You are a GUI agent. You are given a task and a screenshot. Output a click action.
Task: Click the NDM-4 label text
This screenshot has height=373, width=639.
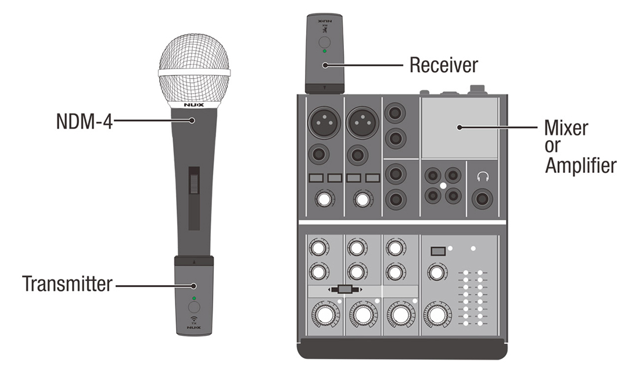[x=84, y=121]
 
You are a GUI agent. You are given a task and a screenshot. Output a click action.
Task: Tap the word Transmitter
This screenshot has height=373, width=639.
[x=67, y=283]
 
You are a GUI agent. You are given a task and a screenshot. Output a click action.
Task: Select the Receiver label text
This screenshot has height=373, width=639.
[x=443, y=65]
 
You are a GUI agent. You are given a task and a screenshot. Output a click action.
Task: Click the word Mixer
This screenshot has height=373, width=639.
[x=566, y=128]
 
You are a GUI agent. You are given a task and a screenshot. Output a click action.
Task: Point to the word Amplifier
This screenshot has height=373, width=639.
[x=581, y=165]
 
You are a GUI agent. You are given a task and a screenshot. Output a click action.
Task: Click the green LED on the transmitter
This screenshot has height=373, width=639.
[x=194, y=299]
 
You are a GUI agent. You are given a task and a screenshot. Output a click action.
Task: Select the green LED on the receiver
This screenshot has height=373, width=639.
[x=324, y=51]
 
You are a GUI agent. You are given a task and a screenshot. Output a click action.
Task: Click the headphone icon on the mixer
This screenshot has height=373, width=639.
[x=483, y=176]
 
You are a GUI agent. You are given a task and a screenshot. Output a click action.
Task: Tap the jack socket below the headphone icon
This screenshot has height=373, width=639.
[x=483, y=199]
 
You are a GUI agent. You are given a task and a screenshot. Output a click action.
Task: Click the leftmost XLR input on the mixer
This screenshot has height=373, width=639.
[x=324, y=122]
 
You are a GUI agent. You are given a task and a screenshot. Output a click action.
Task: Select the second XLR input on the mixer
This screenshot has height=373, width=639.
[x=362, y=122]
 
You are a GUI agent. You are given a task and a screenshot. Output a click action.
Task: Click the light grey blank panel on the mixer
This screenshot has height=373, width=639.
[x=459, y=128]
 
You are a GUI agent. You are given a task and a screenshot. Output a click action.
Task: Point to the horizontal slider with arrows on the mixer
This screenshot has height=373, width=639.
[x=344, y=290]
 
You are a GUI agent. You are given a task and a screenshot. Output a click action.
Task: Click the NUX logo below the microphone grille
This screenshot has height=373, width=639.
[x=194, y=105]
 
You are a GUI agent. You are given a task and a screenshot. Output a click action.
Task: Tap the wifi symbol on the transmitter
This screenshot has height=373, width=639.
[x=194, y=318]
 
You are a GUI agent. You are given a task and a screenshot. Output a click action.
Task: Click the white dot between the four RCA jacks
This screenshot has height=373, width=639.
[x=443, y=186]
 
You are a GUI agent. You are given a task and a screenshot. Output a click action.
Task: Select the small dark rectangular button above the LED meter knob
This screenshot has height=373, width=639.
[x=438, y=251]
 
